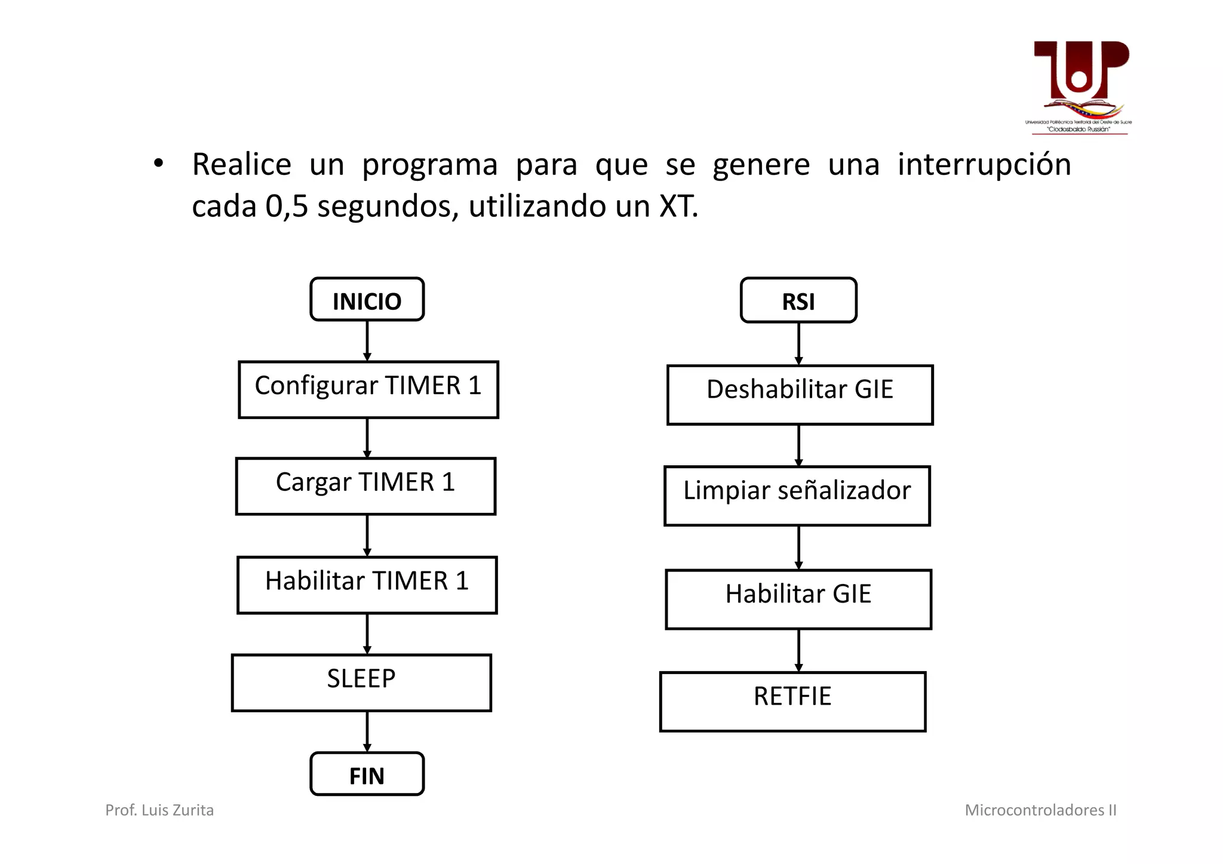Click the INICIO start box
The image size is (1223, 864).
367,300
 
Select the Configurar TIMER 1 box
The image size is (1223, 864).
368,389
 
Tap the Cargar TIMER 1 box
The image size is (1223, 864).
365,486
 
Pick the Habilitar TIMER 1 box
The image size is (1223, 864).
367,585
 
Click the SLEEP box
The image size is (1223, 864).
361,682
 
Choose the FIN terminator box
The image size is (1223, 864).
367,774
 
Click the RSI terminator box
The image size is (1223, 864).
798,300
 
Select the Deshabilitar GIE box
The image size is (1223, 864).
800,395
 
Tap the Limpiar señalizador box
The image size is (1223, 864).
797,496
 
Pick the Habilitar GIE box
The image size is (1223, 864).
798,599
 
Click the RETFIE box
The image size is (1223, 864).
792,701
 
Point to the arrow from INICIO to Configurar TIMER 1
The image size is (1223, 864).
367,340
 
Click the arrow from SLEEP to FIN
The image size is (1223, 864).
367,731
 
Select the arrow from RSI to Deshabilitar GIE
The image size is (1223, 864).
798,343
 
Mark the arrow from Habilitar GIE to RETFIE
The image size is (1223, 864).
798,650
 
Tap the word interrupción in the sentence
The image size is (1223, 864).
984,164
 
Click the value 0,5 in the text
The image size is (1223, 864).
287,207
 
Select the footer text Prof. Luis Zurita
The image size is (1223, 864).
159,810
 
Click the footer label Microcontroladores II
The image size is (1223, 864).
1040,810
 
